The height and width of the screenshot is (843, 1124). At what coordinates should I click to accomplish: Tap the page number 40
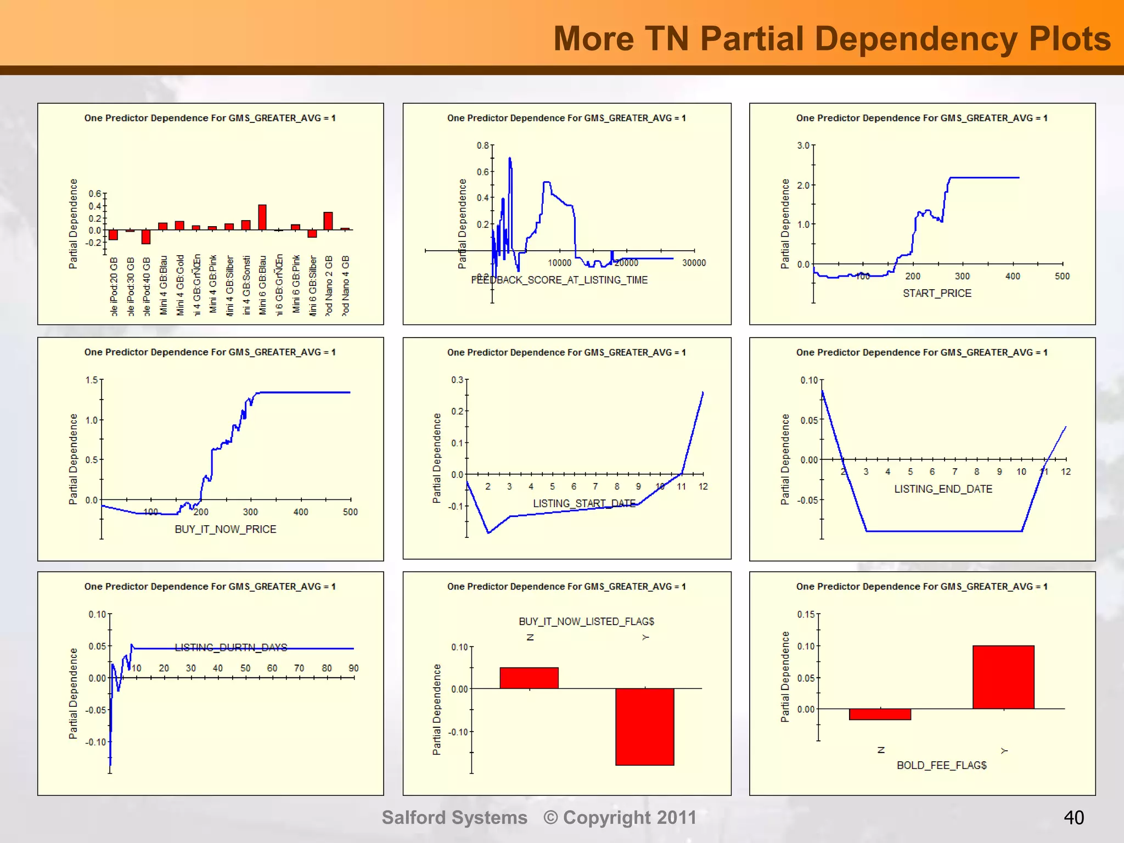tap(1074, 818)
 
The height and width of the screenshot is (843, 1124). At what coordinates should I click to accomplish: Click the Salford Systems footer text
tap(454, 818)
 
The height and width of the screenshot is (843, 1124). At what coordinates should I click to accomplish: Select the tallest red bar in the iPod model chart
tap(262, 217)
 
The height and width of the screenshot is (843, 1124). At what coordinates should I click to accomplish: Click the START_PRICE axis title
tap(937, 293)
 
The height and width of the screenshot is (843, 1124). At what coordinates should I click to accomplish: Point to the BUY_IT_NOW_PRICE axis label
tap(225, 529)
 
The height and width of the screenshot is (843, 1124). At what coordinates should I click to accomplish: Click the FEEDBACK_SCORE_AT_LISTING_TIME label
tap(559, 280)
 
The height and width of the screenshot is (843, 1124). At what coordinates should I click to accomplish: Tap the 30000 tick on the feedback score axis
tap(694, 263)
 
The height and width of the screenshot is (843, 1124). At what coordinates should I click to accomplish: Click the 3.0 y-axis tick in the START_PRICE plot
tap(803, 145)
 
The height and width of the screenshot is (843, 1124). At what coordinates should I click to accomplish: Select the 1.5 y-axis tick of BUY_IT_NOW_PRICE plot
tap(92, 380)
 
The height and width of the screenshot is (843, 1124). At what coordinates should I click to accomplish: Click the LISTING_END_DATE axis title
tap(943, 489)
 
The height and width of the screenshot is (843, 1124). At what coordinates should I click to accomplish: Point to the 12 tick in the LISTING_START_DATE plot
tap(703, 486)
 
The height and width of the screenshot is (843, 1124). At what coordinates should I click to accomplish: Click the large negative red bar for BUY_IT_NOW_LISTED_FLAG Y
tap(644, 726)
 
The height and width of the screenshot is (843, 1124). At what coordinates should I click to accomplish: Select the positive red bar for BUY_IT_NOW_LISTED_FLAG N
tap(529, 678)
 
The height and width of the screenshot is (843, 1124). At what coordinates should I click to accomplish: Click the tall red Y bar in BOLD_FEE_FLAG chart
tap(1003, 677)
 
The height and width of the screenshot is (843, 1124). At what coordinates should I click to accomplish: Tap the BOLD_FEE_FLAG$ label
tap(941, 765)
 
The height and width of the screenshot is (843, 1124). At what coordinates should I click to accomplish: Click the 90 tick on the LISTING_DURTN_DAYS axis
tap(353, 668)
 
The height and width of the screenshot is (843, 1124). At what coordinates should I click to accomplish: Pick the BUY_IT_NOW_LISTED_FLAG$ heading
tap(586, 621)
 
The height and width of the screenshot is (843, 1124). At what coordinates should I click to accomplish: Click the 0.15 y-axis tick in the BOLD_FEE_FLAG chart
tap(806, 614)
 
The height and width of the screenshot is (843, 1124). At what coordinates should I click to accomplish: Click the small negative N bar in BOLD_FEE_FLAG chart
tap(880, 714)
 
